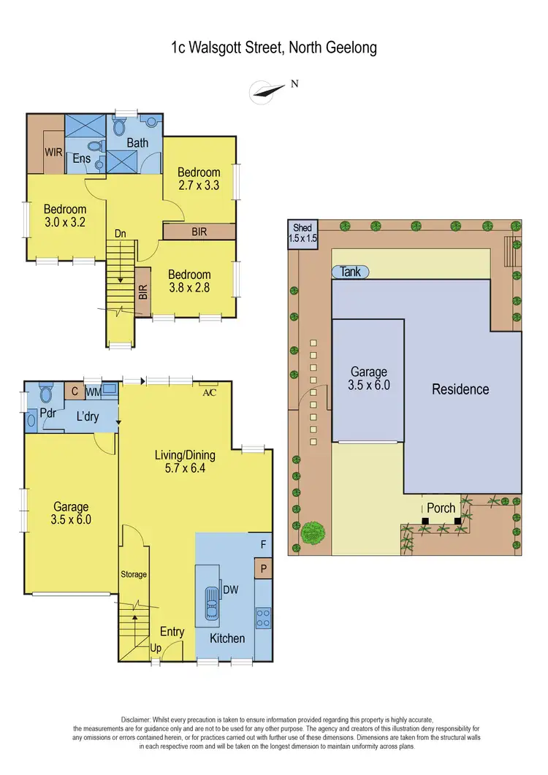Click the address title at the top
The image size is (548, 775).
(x=273, y=48)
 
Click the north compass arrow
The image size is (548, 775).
(x=267, y=91)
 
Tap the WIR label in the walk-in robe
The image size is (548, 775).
(x=53, y=153)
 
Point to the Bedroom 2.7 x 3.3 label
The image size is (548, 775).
(x=199, y=179)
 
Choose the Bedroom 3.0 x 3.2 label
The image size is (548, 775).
(x=64, y=215)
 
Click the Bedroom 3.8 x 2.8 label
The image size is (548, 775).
(x=189, y=281)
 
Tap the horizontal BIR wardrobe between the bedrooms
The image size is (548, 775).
(x=199, y=232)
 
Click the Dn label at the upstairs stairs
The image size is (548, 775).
(x=121, y=234)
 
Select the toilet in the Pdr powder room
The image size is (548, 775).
(x=46, y=395)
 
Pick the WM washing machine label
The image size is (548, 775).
(x=93, y=392)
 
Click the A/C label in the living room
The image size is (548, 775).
(x=210, y=391)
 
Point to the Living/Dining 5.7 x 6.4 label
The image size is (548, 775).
(x=185, y=462)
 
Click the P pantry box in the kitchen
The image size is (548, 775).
(x=262, y=568)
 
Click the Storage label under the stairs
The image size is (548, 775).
(x=134, y=574)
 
